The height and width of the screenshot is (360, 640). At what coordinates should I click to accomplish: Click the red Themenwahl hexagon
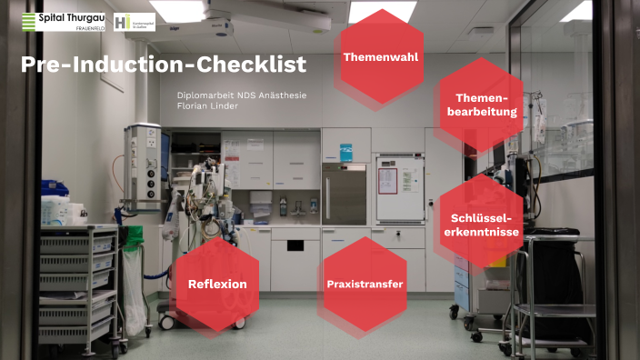381,56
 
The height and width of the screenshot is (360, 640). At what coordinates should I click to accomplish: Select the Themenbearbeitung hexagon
482,105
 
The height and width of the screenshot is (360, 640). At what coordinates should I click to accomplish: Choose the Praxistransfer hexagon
365,284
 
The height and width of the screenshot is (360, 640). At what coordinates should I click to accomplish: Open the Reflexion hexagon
217,284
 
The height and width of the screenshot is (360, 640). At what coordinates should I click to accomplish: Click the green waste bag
135,239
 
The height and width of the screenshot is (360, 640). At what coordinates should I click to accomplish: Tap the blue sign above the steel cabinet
345,152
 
